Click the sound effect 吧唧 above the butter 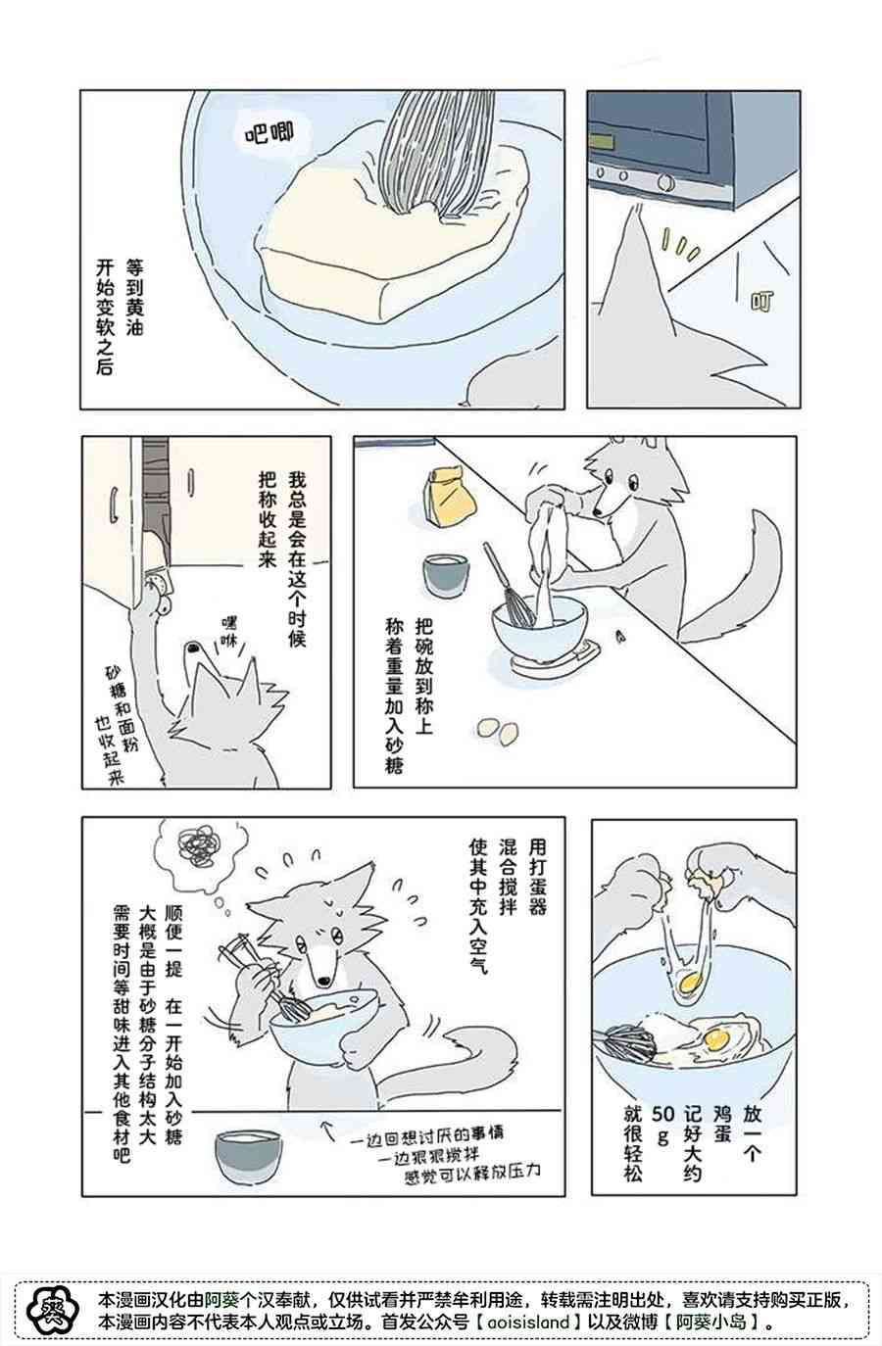coord(269,132)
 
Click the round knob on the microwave coord(666,181)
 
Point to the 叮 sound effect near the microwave coord(761,301)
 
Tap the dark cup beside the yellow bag coord(446,575)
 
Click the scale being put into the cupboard coord(159,592)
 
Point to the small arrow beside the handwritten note coord(328,1130)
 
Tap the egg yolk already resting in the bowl coord(716,1039)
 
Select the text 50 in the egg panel coord(662,1114)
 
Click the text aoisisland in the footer coord(528,1322)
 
